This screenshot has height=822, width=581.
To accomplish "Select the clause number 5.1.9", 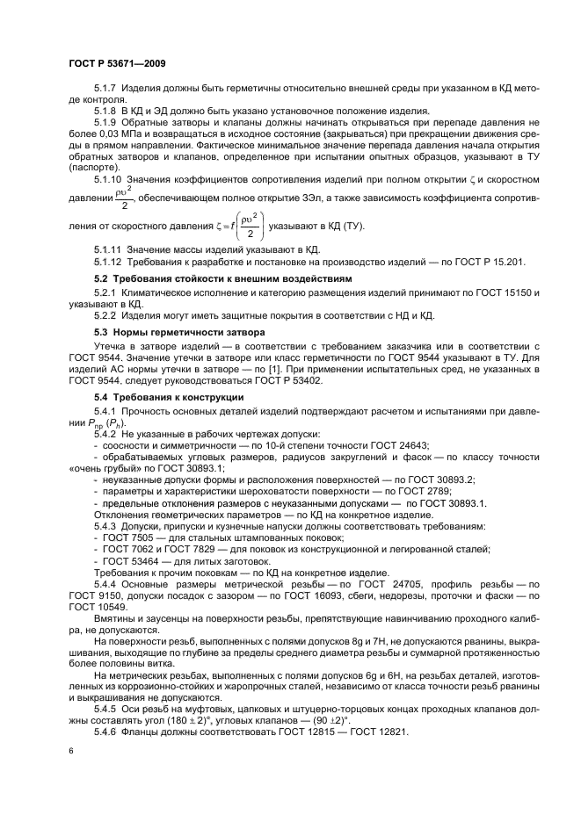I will (x=106, y=123).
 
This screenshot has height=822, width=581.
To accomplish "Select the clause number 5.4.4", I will (x=106, y=583).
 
